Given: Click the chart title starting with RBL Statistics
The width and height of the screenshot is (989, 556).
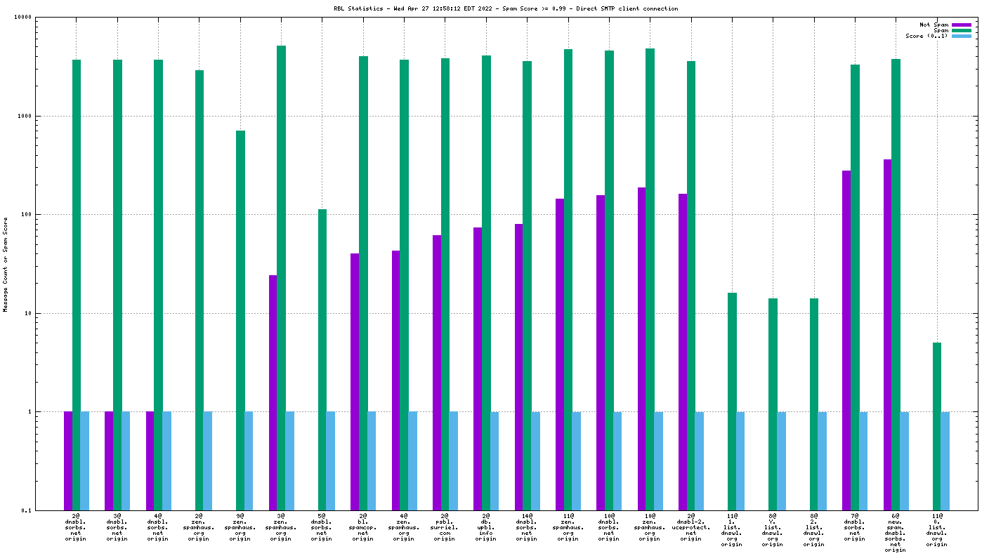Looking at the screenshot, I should (x=506, y=8).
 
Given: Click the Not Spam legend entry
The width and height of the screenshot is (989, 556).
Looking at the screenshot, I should (x=934, y=25).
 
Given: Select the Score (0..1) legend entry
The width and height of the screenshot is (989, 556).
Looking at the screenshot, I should (x=926, y=36).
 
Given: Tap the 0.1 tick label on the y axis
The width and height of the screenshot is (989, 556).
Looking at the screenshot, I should (x=27, y=510).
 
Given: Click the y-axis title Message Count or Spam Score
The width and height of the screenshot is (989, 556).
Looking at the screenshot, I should (x=6, y=264).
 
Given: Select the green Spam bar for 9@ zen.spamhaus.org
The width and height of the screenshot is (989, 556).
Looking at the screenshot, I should (x=240, y=320).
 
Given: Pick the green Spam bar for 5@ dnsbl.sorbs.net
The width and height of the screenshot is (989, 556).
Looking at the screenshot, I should (x=322, y=359).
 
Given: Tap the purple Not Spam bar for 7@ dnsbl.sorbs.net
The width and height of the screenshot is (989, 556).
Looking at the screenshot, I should (x=846, y=340).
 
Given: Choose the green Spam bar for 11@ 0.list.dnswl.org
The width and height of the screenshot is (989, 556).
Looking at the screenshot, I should (x=937, y=426).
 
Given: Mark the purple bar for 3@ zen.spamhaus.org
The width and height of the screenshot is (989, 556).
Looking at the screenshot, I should (x=273, y=392).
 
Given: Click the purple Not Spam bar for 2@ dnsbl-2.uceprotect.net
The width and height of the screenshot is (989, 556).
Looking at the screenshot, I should (x=683, y=352).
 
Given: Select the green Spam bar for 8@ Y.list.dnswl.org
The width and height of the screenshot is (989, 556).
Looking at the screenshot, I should (x=773, y=404).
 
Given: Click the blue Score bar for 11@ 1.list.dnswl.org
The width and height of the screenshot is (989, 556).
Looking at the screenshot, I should (x=740, y=461).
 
